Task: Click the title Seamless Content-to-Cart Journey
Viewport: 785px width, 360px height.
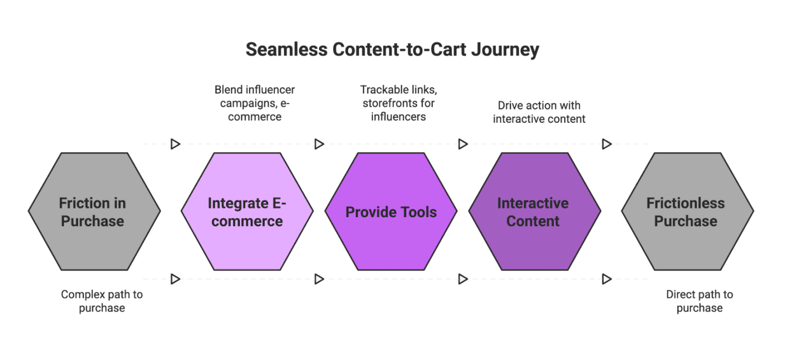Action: point(392,49)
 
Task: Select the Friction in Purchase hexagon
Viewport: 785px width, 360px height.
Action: point(94,212)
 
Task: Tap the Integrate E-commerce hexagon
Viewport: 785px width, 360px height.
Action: point(247,212)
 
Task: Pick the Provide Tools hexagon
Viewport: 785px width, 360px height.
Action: point(391,212)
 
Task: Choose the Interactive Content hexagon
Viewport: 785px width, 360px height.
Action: point(534,212)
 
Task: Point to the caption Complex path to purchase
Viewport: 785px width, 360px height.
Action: point(101,301)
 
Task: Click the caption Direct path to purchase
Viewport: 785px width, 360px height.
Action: point(699,301)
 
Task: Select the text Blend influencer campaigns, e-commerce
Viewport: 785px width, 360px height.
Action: point(254,103)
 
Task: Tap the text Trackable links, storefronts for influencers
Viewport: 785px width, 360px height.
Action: point(397,103)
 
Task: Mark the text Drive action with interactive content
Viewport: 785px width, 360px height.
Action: point(539,112)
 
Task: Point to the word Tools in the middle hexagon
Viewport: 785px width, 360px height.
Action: point(417,212)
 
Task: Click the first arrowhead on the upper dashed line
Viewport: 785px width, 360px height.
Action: point(175,144)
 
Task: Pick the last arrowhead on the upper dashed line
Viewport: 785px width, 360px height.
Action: point(606,144)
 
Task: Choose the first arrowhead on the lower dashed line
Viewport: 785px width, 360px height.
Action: point(175,279)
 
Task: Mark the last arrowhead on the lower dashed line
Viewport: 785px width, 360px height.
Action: point(606,279)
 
